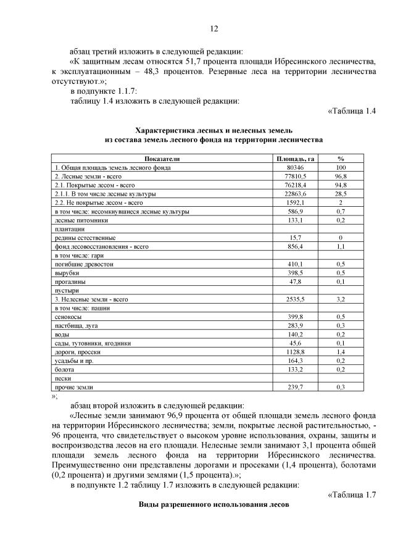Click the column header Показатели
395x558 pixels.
coord(162,159)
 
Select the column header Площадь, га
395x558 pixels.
coord(294,159)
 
